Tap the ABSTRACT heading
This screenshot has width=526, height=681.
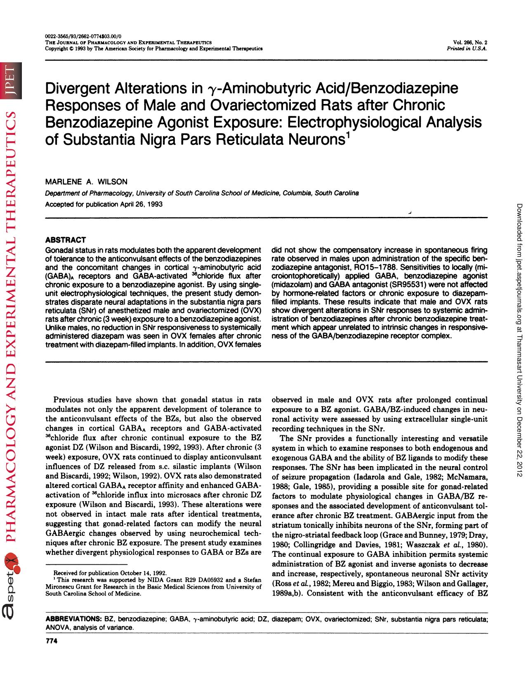65,240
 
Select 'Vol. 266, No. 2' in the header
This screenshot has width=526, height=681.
470,42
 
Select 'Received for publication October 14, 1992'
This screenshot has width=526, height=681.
110,573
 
